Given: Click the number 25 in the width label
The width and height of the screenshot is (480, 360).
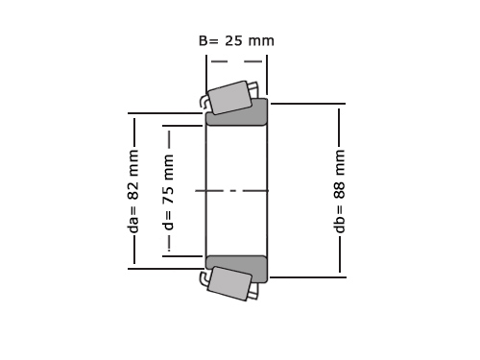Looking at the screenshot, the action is point(234,40).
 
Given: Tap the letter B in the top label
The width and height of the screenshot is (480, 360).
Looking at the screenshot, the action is point(204,40).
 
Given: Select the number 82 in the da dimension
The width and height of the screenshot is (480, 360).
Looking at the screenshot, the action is point(133,190).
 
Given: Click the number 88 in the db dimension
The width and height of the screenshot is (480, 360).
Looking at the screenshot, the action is point(339,191).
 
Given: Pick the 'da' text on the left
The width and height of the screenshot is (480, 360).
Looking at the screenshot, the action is point(133,225).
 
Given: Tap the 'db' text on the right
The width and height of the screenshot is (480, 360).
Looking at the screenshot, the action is point(339,225).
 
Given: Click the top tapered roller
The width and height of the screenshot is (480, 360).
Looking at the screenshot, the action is point(230,97).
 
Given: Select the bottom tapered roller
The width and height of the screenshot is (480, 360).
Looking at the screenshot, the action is point(229,283).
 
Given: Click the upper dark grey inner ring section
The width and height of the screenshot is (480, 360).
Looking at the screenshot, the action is point(236,118).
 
